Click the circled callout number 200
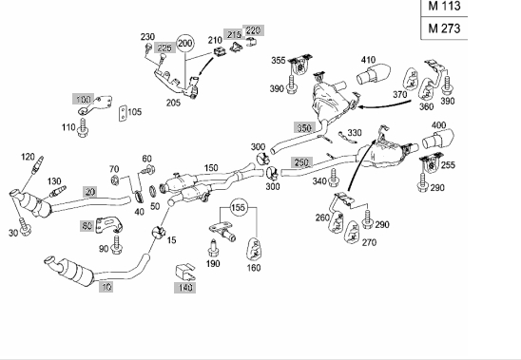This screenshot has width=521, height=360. click(x=184, y=44)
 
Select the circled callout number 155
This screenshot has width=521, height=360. click(x=238, y=208)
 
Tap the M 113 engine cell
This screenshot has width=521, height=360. click(x=444, y=8)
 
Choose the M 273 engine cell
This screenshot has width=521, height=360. click(x=444, y=28)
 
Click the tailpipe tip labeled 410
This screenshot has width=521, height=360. click(x=373, y=75)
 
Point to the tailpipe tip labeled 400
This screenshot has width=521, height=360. click(x=437, y=140)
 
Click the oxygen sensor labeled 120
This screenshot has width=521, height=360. click(x=37, y=164)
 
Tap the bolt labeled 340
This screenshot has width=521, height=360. click(x=334, y=178)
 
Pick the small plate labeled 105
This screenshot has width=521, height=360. click(x=123, y=113)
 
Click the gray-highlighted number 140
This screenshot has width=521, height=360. click(x=184, y=287)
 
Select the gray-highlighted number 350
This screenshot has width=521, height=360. click(x=304, y=127)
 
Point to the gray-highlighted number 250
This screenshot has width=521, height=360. click(x=301, y=162)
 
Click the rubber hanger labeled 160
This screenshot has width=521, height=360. click(x=253, y=249)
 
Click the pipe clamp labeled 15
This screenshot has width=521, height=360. click(x=158, y=232)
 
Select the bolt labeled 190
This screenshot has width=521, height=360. click(x=213, y=248)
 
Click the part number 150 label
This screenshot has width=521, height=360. click(x=211, y=168)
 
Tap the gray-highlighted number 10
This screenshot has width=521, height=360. click(x=106, y=287)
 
